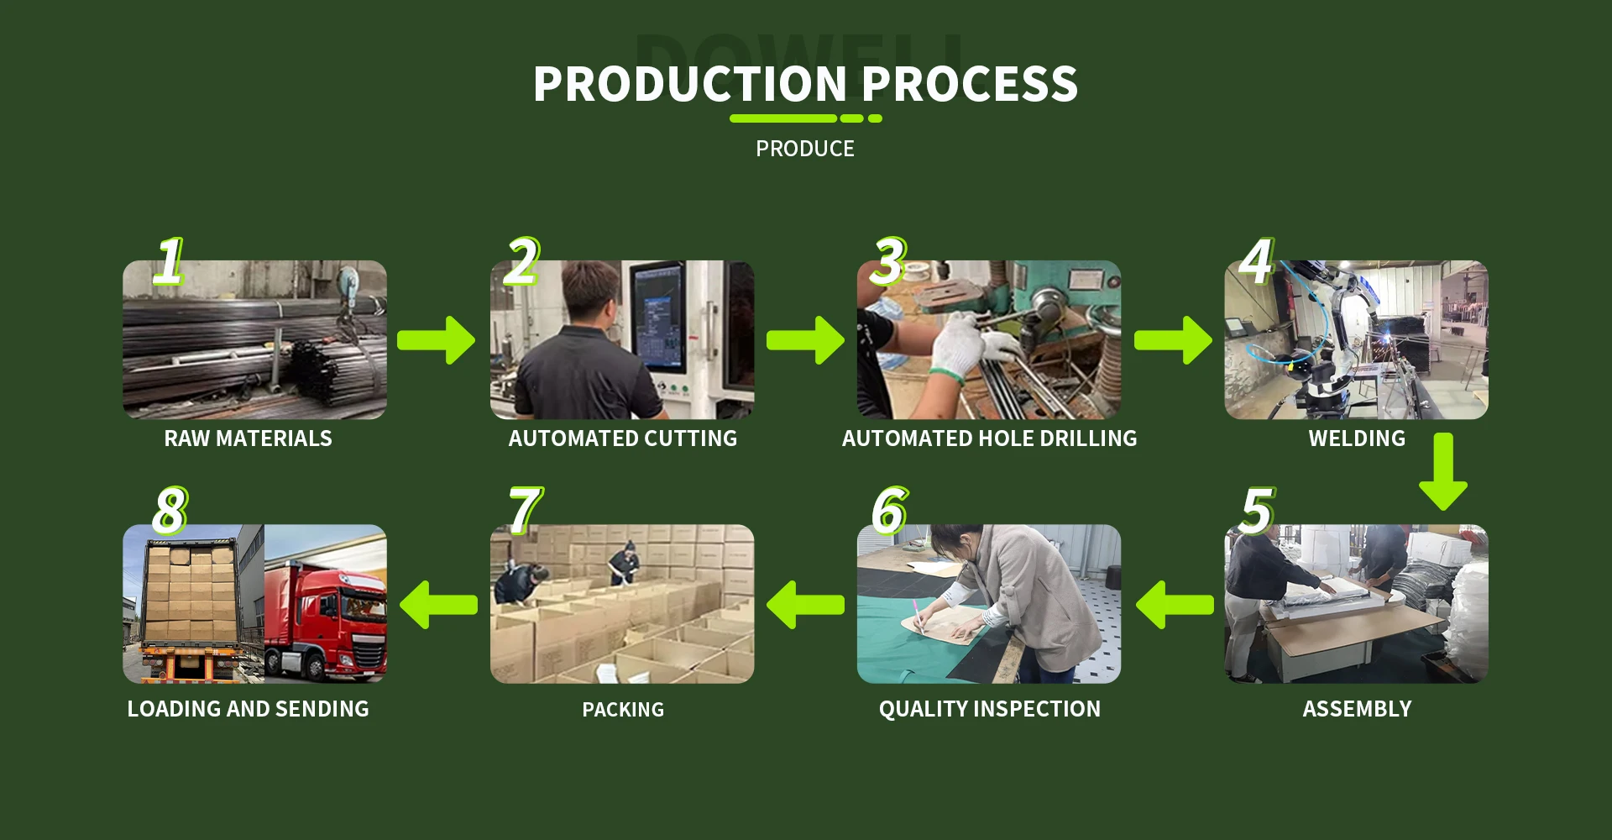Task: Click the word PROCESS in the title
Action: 970,85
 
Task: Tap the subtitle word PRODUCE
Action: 804,149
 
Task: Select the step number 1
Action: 169,261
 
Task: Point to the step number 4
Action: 1256,261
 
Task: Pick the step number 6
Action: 889,510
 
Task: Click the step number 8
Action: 170,510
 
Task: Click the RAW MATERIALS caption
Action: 248,438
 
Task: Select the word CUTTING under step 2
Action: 688,438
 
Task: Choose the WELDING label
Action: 1356,438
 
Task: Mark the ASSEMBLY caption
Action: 1356,709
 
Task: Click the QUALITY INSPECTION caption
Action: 989,709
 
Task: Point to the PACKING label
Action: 623,710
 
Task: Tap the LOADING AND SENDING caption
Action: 248,709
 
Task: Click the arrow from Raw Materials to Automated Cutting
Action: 437,340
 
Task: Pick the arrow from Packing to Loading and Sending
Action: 439,605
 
